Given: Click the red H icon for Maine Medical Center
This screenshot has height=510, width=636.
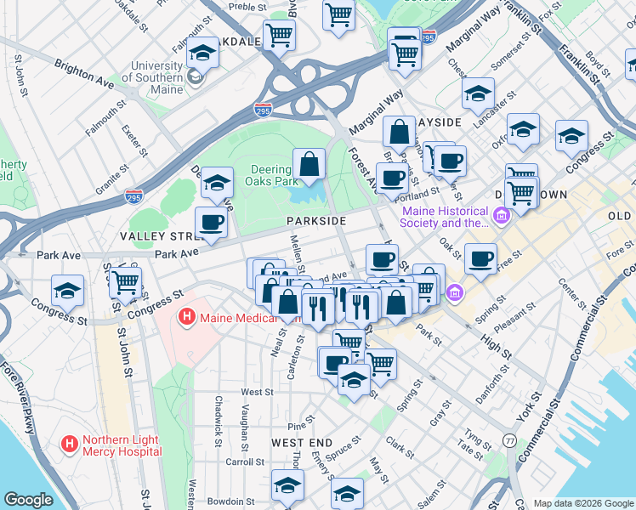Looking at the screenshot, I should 186,319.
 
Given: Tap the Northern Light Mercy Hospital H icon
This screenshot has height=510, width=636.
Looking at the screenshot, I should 70,444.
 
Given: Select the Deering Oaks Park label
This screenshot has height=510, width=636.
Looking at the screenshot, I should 271,174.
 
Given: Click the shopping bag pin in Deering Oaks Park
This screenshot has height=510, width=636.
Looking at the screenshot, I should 309,163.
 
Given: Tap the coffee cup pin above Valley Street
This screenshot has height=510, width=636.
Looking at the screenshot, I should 211,223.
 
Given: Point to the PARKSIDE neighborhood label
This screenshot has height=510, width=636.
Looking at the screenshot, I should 315,220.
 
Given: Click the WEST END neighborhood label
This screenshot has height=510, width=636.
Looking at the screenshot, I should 301,443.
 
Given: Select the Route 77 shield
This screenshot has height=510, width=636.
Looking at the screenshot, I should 509,440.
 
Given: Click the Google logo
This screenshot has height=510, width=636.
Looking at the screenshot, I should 28,500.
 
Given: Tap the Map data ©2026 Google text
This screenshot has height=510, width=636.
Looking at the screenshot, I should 582,502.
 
